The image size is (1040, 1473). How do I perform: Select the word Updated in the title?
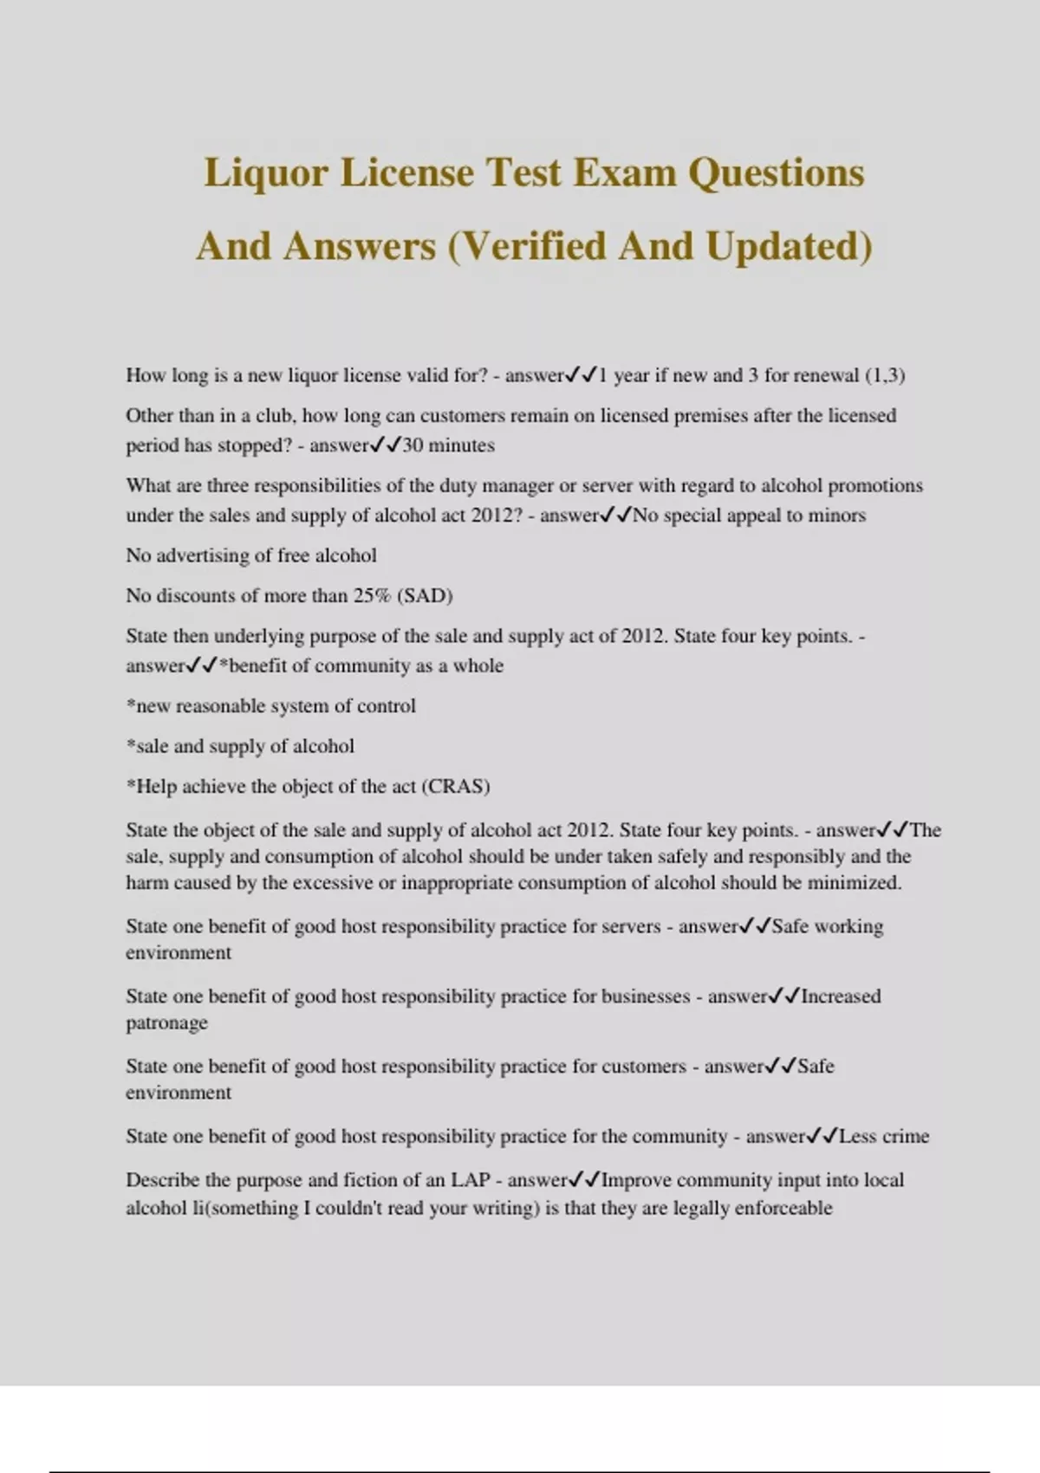[788, 246]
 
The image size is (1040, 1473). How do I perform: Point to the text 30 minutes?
[449, 445]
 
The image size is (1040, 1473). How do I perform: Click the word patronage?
[166, 1023]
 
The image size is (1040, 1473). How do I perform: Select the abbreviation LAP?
[471, 1180]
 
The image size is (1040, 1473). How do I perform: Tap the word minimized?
[854, 883]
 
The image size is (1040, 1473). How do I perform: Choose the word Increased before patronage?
[840, 996]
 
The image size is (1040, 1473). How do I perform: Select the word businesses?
[645, 996]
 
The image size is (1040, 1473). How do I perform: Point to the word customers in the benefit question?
[641, 1066]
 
